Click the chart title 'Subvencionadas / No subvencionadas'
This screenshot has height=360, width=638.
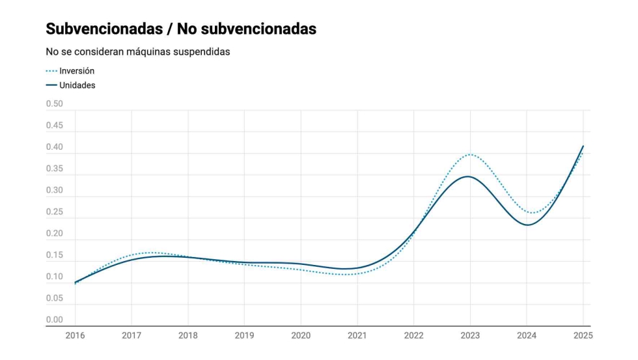coord(181,29)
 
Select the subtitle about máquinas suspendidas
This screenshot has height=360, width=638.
coord(137,51)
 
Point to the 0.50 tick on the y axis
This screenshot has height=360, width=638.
coord(55,104)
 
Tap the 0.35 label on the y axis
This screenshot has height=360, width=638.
coord(55,169)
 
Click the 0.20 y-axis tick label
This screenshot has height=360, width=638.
coord(55,234)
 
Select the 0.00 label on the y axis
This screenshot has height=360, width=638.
coord(55,320)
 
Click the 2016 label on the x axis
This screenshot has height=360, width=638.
coord(75,335)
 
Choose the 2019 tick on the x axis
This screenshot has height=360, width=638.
coord(244,335)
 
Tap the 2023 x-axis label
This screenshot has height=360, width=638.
coord(470,335)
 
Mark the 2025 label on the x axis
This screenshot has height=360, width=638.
coord(583,335)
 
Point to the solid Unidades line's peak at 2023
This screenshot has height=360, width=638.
coord(469,176)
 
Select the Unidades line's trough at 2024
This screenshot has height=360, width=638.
coord(527,225)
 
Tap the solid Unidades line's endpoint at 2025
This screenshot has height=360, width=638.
coord(583,146)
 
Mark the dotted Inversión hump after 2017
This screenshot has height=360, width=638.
coord(151,253)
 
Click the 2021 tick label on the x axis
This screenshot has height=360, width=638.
coord(357,335)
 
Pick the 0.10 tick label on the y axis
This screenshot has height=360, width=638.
coord(55,277)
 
